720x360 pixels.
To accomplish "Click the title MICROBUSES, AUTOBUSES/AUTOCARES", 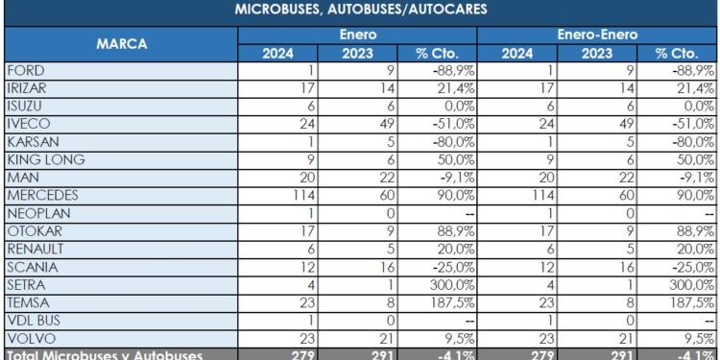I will coord(359,12).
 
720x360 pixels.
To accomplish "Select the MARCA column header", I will coord(119,43).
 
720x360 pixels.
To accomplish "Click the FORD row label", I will coord(25,70).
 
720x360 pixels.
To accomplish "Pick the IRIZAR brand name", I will coord(27,88).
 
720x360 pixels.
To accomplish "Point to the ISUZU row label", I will coord(26,106).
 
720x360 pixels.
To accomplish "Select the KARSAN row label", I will coord(32,141).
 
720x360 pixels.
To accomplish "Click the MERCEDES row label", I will coord(40,195).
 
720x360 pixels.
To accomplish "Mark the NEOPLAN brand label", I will coord(37,212).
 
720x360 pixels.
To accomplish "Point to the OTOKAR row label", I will coord(32,230).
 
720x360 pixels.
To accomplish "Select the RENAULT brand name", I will coord(35,249).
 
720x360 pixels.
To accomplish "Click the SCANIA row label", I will coord(30,266).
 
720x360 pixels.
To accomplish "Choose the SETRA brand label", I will coord(26,284).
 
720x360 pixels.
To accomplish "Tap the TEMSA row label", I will coord(28,301).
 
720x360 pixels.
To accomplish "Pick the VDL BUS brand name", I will coord(34,320).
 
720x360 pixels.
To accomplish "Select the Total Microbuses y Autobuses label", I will coord(104,354).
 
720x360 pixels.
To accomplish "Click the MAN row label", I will coord(21,177).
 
